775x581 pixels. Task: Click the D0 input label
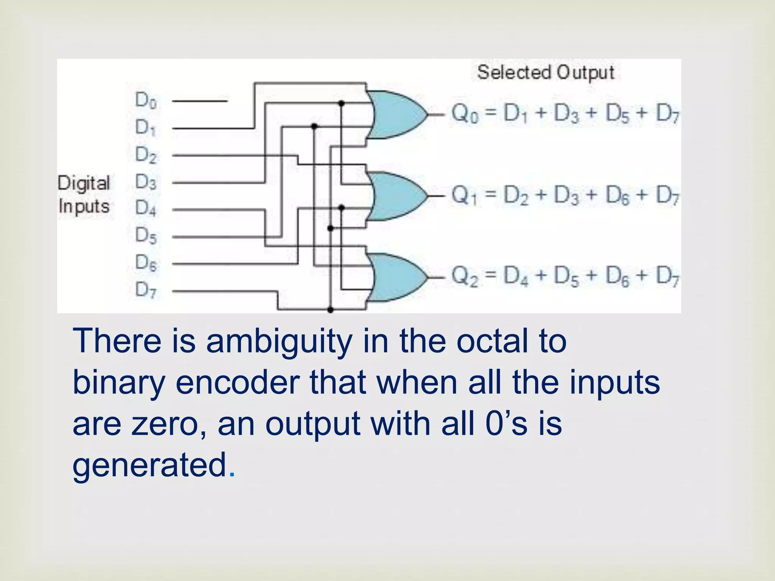[146, 101]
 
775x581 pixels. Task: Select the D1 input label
[146, 128]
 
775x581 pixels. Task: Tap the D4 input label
[146, 208]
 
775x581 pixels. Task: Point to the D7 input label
[146, 290]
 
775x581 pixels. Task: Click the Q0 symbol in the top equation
[465, 113]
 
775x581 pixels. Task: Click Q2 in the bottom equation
[465, 276]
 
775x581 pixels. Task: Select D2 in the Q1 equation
[516, 196]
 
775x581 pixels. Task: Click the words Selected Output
[545, 72]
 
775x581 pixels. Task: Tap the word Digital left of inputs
[84, 183]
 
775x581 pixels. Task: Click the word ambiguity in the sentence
[279, 341]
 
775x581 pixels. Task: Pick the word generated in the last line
[149, 465]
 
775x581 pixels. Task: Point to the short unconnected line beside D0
[199, 101]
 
